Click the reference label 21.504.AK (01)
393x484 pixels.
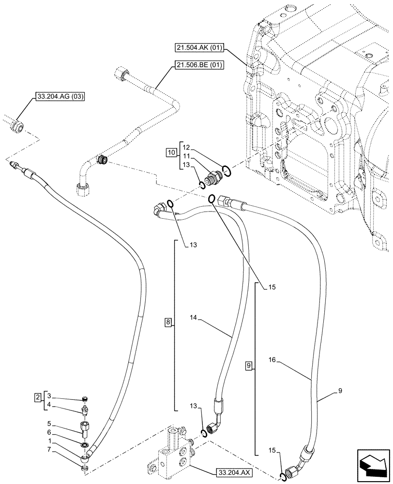click(x=199, y=47)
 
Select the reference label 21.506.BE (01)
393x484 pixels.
click(x=199, y=65)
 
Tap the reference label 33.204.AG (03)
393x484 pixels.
click(x=59, y=97)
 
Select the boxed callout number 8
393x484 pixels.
click(x=168, y=322)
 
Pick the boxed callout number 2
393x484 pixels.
click(x=38, y=397)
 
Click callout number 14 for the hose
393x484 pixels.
click(x=194, y=317)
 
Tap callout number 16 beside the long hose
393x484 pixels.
click(x=272, y=360)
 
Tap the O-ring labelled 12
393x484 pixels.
click(x=227, y=170)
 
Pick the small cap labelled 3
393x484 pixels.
click(x=86, y=400)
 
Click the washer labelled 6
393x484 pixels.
click(x=84, y=445)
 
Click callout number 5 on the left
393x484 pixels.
click(x=49, y=423)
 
